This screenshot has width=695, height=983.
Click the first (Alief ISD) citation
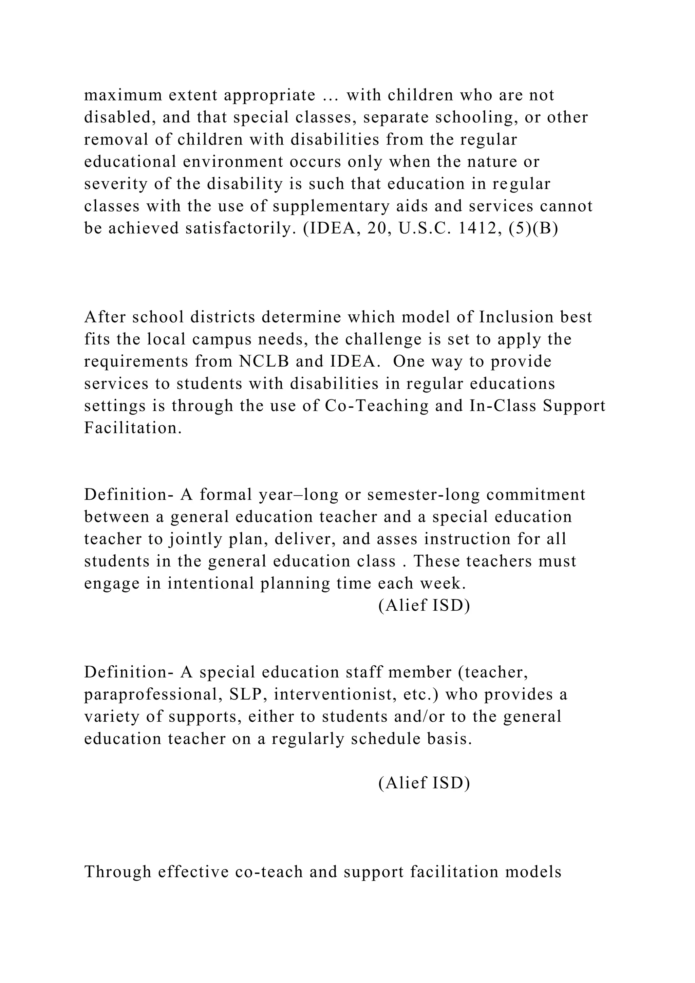click(x=424, y=606)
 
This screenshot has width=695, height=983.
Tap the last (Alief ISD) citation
click(x=424, y=783)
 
